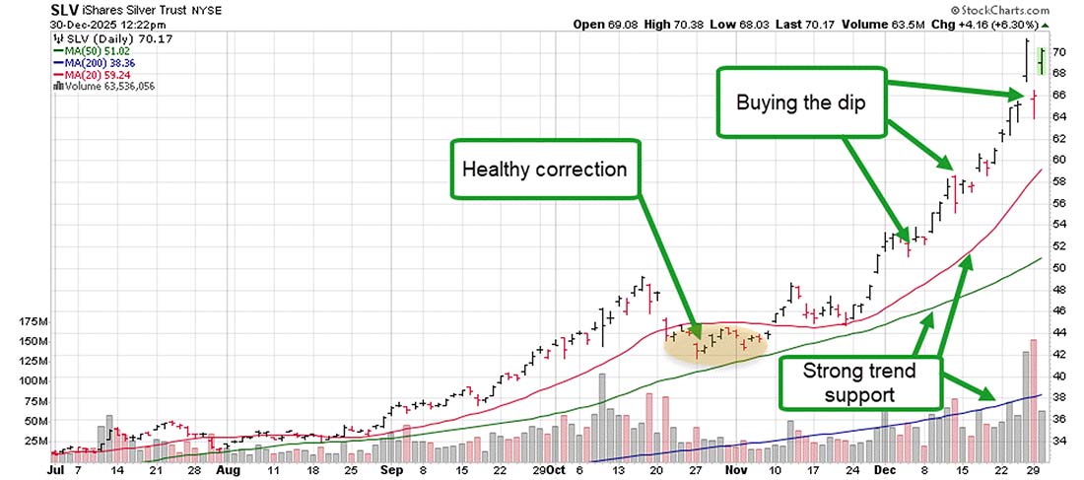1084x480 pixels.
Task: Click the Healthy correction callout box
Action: (x=545, y=170)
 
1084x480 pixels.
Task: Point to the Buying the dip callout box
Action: (x=801, y=102)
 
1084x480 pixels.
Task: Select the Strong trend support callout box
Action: (x=859, y=384)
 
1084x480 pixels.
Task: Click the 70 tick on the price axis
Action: (x=1058, y=51)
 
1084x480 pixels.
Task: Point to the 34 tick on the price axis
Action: (x=1058, y=441)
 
